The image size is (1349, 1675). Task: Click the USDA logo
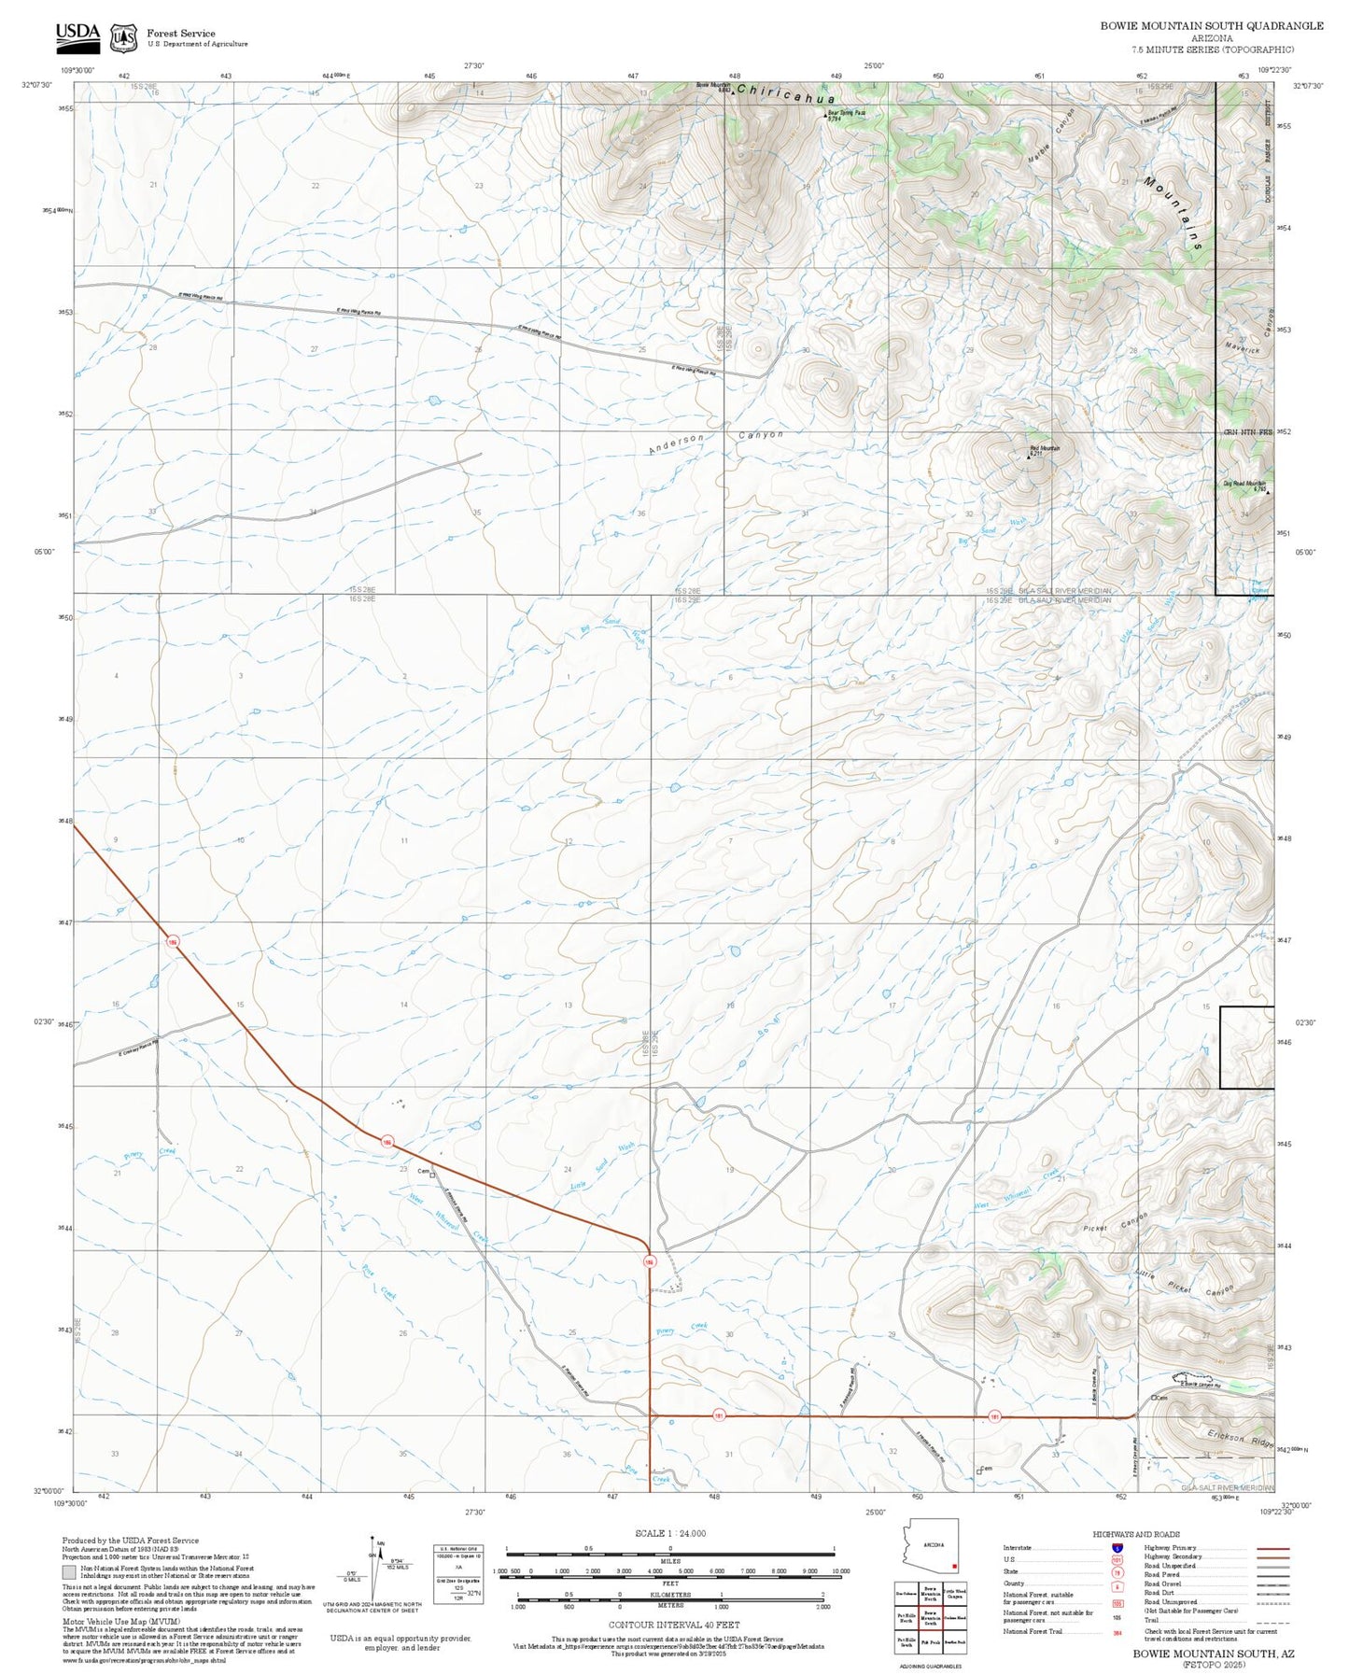77,35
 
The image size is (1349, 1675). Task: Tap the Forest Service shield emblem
123,37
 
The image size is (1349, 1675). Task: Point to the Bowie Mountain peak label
713,86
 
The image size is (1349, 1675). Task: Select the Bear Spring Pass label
847,113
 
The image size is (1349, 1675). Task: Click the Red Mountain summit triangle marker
1029,457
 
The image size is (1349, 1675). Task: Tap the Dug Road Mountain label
1244,484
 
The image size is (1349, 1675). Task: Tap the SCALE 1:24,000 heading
669,1533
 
